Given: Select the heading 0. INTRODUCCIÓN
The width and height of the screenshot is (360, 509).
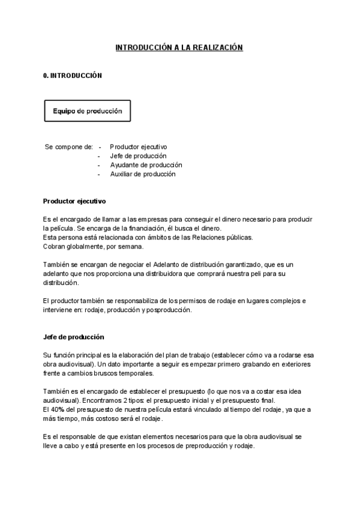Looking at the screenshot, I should (x=73, y=76).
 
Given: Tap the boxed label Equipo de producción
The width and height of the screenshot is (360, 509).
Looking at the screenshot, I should (x=88, y=111).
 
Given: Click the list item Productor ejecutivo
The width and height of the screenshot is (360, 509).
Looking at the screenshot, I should (x=139, y=146).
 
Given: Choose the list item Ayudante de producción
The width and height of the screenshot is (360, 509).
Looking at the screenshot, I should (x=146, y=164).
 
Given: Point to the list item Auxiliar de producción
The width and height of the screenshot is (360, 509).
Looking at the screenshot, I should (x=143, y=174).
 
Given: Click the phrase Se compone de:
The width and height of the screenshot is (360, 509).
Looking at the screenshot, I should (x=69, y=146).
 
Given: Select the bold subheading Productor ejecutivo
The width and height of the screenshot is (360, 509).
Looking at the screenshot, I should (x=75, y=201).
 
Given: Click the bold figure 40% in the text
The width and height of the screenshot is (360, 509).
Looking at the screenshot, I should (x=58, y=409).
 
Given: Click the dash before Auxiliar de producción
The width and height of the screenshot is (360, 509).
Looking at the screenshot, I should (x=99, y=174).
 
